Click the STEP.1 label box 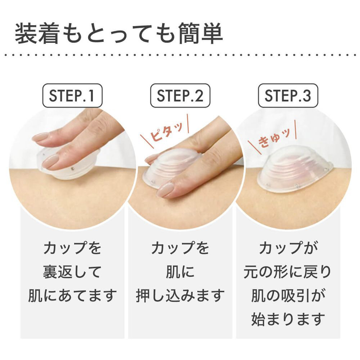(x=72, y=95)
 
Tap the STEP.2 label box (x=180, y=95)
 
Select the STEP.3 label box (x=288, y=95)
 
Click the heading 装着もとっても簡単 (x=119, y=33)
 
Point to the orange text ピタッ (x=166, y=132)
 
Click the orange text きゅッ (x=274, y=138)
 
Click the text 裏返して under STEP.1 (x=72, y=272)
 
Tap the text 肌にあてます (x=72, y=296)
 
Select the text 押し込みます (x=180, y=296)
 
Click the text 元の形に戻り (x=288, y=272)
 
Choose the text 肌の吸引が (x=288, y=296)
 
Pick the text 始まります (x=288, y=319)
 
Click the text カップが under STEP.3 (x=288, y=248)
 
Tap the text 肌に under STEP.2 (x=180, y=272)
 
